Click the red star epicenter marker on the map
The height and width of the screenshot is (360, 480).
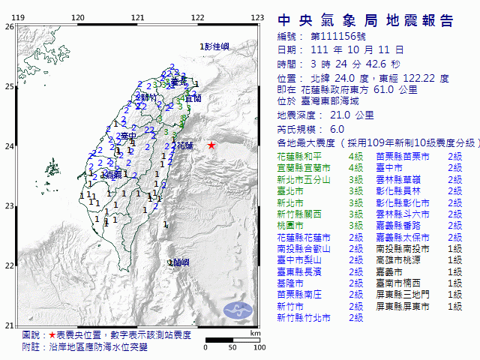pyautogui.click(x=211, y=145)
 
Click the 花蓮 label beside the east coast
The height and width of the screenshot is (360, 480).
pyautogui.click(x=184, y=144)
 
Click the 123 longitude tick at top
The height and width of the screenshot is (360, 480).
pyautogui.click(x=257, y=17)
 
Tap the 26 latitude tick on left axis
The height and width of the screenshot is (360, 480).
pyautogui.click(x=8, y=26)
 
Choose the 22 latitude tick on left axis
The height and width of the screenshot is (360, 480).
pyautogui.click(x=8, y=265)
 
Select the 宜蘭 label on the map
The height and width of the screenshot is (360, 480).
pyautogui.click(x=193, y=98)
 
